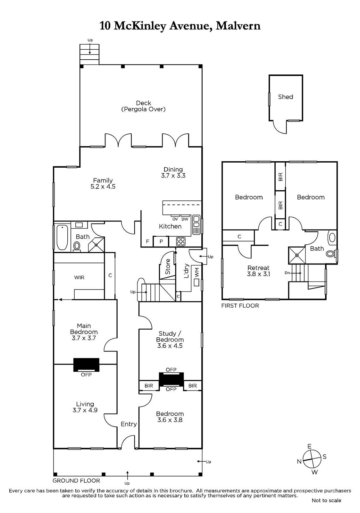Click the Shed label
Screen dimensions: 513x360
tap(285, 97)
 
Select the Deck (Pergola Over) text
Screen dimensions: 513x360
tap(143, 106)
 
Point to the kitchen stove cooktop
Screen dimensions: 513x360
tap(181, 241)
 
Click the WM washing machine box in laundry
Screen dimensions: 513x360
tap(196, 282)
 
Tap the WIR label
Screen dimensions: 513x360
tap(79, 277)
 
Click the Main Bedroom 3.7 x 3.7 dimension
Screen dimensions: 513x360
tap(84, 338)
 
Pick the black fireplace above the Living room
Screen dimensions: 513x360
tap(86, 365)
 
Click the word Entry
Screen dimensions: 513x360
tap(129, 424)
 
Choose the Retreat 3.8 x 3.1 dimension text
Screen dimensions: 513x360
tap(258, 274)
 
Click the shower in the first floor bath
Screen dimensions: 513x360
tap(297, 255)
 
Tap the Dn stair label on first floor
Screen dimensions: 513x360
tap(287, 273)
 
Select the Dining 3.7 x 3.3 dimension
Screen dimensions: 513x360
tap(173, 176)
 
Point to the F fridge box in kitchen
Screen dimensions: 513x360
tap(147, 241)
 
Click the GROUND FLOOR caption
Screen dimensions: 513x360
tap(76, 481)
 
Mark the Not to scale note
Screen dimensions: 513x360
tap(326, 500)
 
